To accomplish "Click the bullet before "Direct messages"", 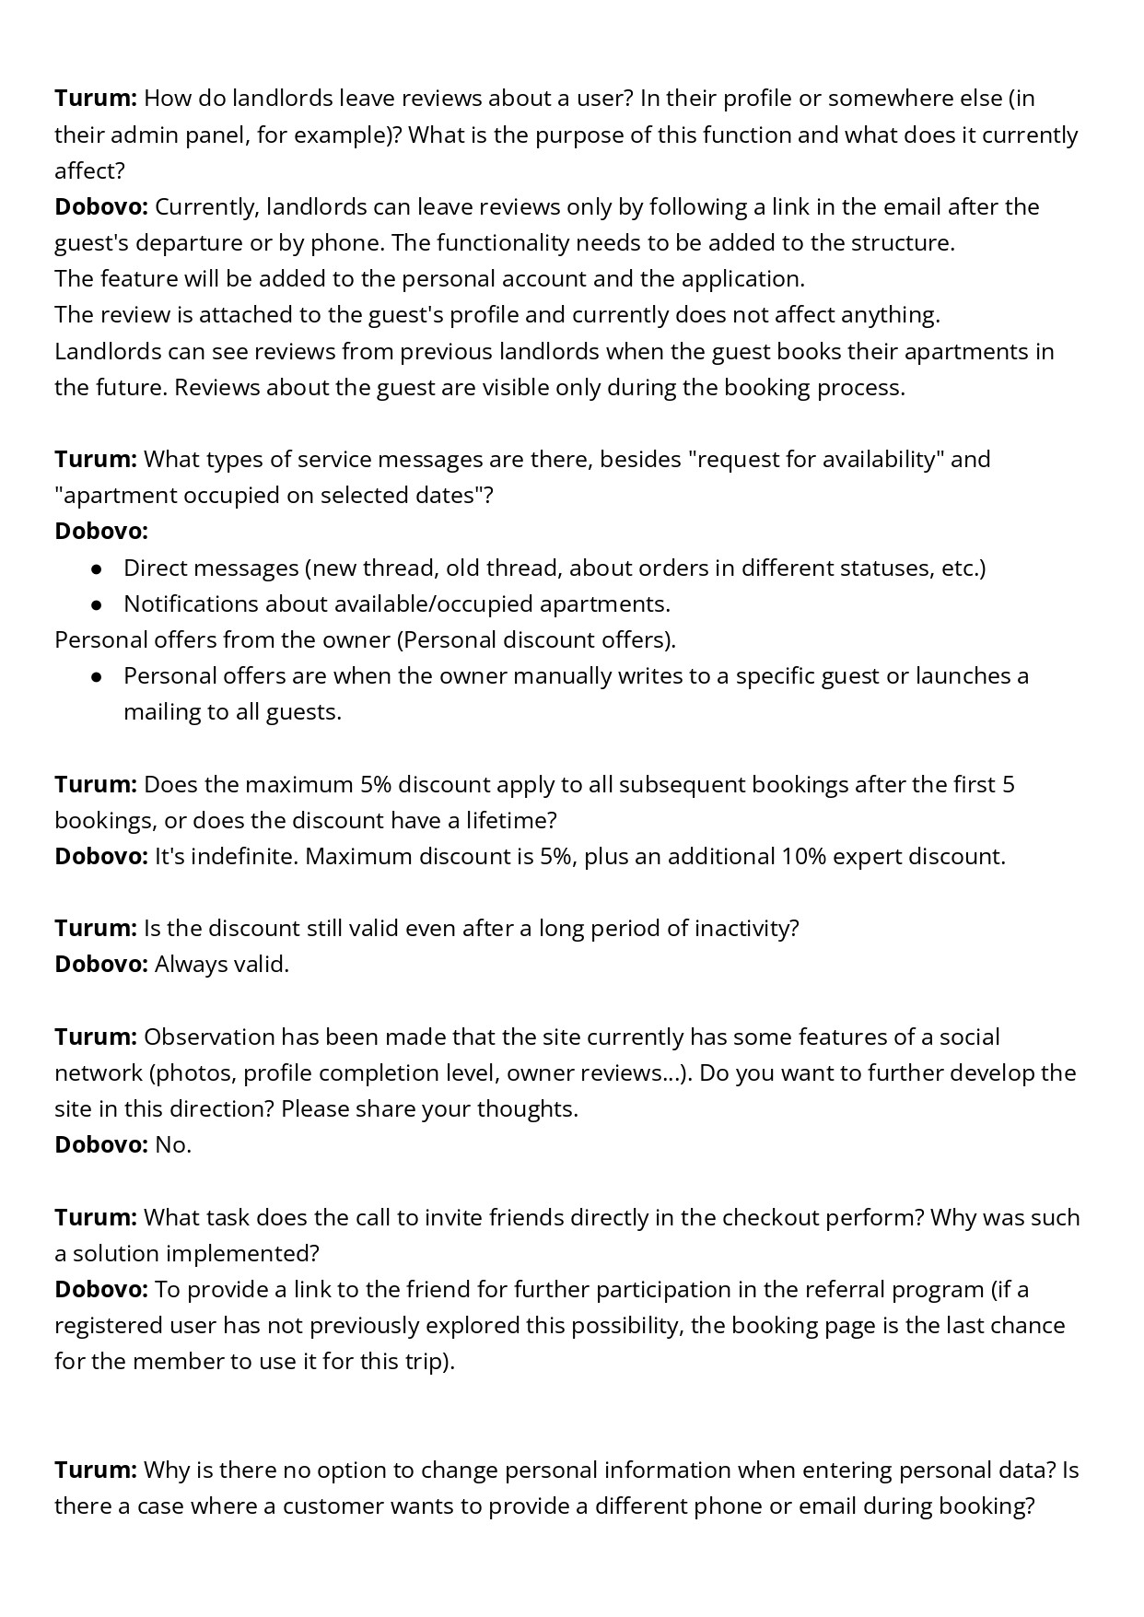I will tap(96, 568).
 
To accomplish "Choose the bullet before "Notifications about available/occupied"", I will tap(96, 604).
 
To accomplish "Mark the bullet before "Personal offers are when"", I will tap(96, 676).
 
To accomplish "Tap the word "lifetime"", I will tap(509, 820).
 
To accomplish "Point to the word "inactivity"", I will tap(747, 928).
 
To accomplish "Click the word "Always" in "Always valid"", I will tap(190, 965).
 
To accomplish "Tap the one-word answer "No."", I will tap(173, 1145).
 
